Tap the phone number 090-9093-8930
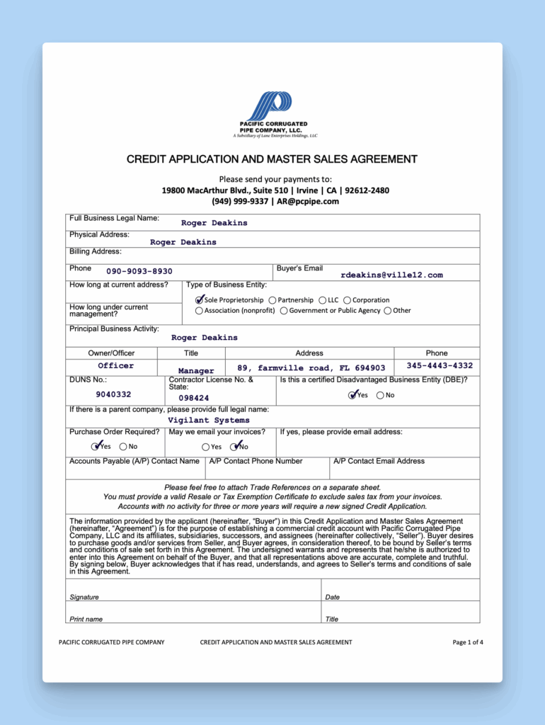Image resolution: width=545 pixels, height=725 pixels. pyautogui.click(x=139, y=271)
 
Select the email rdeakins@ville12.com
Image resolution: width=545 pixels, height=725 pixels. pyautogui.click(x=391, y=275)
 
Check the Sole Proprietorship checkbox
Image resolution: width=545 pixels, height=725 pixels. pyautogui.click(x=200, y=300)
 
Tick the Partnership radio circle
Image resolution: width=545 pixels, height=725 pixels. pyautogui.click(x=272, y=300)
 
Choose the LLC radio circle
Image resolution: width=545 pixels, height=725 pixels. pyautogui.click(x=323, y=300)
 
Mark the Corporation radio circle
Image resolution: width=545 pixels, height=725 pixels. pyautogui.click(x=348, y=300)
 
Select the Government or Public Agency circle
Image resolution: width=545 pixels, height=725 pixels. pyautogui.click(x=284, y=311)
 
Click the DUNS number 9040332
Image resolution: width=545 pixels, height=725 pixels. pyautogui.click(x=113, y=394)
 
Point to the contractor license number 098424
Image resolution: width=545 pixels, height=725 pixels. pyautogui.click(x=194, y=398)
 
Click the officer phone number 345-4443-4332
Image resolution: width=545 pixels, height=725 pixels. pyautogui.click(x=440, y=366)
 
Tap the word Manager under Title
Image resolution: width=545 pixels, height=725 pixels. pyautogui.click(x=196, y=370)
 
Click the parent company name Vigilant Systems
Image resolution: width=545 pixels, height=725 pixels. pyautogui.click(x=209, y=421)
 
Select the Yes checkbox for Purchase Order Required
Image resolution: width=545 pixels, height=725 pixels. pyautogui.click(x=96, y=447)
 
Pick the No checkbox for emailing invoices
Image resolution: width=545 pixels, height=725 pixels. pyautogui.click(x=236, y=447)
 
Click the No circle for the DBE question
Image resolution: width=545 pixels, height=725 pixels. pyautogui.click(x=381, y=396)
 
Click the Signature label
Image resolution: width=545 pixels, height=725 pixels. pyautogui.click(x=84, y=598)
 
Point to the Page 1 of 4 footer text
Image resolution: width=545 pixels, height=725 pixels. pyautogui.click(x=468, y=642)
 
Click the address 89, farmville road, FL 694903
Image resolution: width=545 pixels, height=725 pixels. pyautogui.click(x=311, y=368)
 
